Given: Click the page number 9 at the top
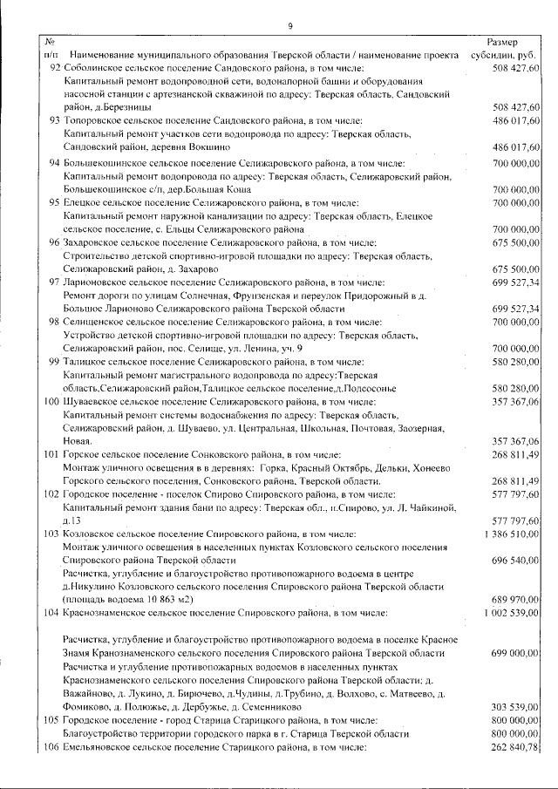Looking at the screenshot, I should (289, 24).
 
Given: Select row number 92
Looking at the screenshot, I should (54, 67).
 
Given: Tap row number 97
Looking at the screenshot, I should (54, 282).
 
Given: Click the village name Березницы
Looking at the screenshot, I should (123, 107).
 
